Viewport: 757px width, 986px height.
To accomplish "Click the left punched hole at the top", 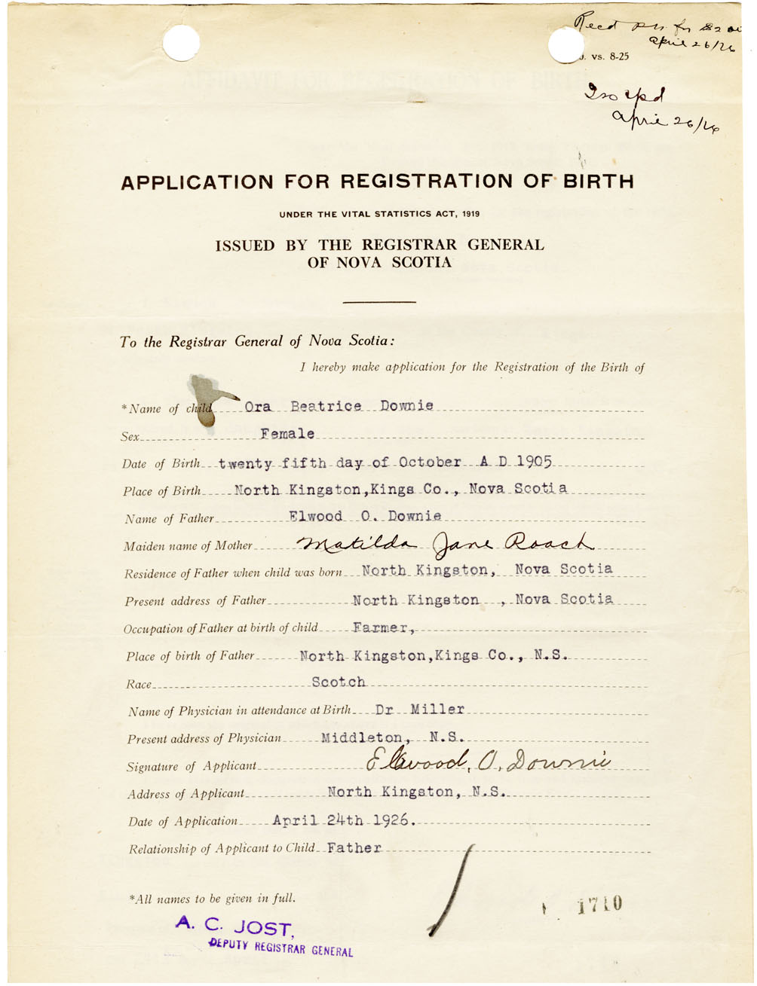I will point(181,43).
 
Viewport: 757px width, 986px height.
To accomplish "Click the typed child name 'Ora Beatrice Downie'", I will point(339,406).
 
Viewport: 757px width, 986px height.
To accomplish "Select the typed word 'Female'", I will point(287,434).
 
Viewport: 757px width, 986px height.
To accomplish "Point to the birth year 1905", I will point(535,461).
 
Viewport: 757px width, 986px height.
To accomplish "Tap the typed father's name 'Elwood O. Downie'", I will point(365,517).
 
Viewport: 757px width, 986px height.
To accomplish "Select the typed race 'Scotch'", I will point(339,682).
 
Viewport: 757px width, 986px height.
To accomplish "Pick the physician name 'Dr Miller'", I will point(419,710).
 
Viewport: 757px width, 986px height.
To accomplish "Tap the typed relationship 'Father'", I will point(354,848).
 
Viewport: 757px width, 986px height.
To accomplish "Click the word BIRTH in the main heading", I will point(583,182).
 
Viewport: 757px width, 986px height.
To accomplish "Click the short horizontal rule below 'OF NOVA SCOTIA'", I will point(379,302).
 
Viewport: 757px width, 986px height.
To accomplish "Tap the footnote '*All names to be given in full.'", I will point(213,898).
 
